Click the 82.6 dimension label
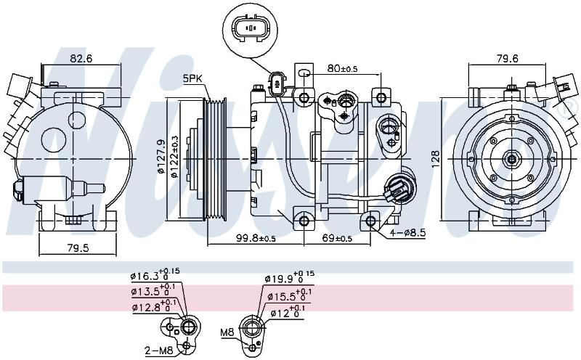click(x=81, y=58)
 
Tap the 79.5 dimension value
click(x=78, y=247)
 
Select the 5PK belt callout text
click(x=192, y=78)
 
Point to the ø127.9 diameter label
click(x=161, y=156)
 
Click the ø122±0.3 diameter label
click(x=174, y=157)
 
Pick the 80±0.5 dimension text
click(x=342, y=68)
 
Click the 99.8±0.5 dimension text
click(x=256, y=238)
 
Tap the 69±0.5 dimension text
click(x=337, y=238)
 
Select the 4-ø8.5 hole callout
click(x=407, y=232)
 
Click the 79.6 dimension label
click(x=507, y=58)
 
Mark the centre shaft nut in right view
click(x=512, y=160)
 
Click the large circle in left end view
click(x=54, y=140)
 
